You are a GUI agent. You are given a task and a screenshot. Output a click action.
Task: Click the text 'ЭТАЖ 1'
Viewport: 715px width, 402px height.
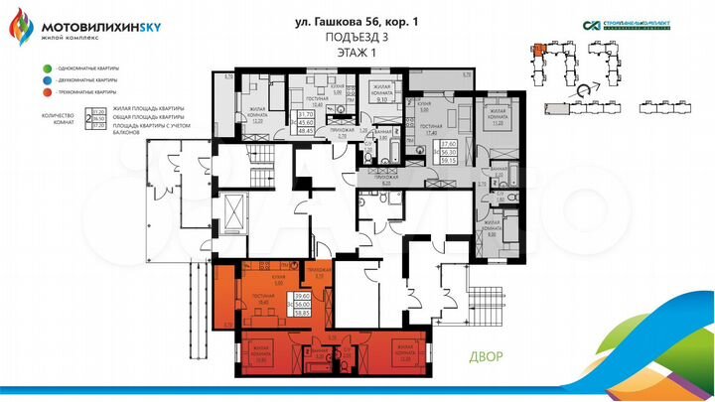(357, 55)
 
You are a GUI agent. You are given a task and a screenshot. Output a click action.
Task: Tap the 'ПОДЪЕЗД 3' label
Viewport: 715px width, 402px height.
(357, 39)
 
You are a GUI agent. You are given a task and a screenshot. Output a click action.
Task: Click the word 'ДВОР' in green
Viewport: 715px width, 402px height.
(487, 357)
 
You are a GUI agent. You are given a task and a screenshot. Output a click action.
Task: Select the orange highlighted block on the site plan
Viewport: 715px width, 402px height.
(537, 48)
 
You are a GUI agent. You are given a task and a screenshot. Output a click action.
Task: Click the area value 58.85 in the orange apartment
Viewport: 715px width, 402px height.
(303, 311)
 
